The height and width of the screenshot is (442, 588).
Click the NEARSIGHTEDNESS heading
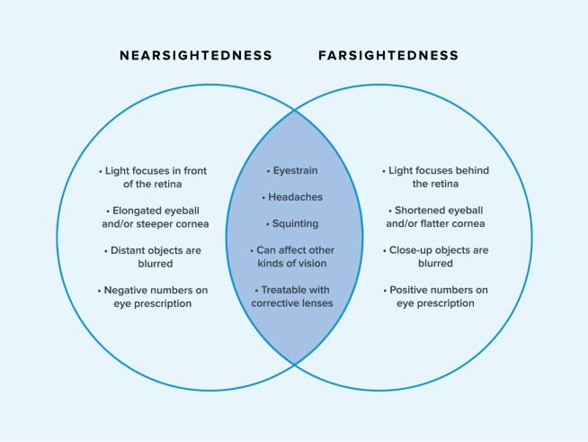tap(196, 56)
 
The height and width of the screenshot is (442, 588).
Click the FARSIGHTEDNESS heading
tap(388, 56)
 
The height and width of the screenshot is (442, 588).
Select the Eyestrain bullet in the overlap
tap(294, 170)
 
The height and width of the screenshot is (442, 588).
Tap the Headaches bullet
tap(294, 196)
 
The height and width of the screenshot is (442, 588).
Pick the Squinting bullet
tap(294, 223)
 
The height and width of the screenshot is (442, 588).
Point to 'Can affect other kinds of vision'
tap(294, 257)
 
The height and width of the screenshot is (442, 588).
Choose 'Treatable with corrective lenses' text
tap(294, 297)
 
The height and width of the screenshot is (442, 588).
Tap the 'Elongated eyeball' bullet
tap(150, 217)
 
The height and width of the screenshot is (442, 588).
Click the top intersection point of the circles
tap(294, 110)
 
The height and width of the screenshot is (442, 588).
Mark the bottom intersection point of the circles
tap(294, 364)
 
